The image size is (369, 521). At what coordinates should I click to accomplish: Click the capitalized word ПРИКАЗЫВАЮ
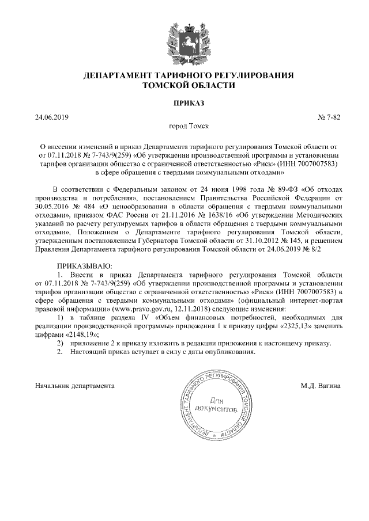(82, 265)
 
